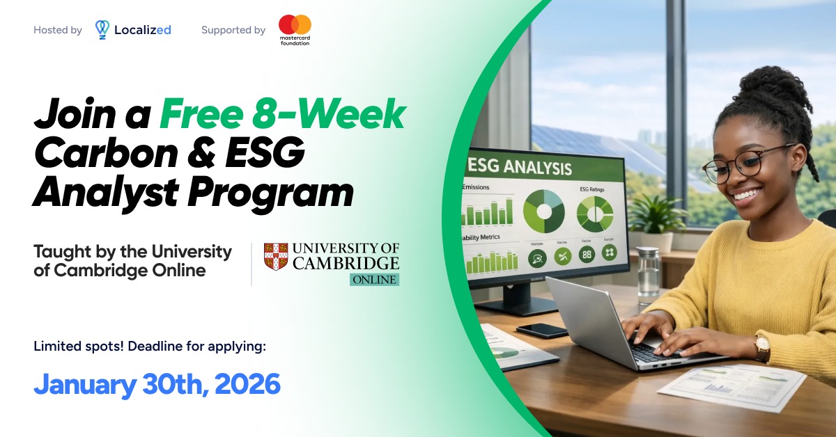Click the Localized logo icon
click(102, 29)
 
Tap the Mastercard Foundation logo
click(295, 29)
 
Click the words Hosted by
click(58, 30)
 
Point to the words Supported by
click(233, 30)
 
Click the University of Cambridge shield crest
click(276, 257)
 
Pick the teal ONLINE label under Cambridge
click(374, 280)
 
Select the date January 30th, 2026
click(157, 384)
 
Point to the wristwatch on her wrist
click(762, 346)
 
